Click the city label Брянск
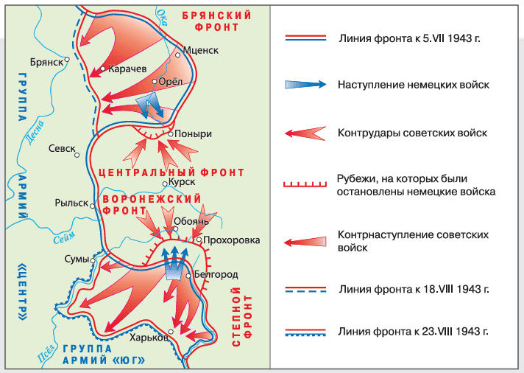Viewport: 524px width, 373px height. click(46, 62)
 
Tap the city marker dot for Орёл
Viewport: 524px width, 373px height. click(155, 81)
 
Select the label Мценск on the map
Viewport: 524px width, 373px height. click(200, 50)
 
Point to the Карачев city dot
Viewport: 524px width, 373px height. click(103, 69)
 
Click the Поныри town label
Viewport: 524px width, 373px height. click(193, 133)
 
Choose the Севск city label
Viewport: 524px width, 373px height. click(62, 148)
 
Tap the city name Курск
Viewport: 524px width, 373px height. click(182, 182)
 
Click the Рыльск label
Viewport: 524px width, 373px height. click(71, 203)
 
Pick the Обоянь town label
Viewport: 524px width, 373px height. click(191, 221)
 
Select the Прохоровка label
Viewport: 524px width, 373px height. click(231, 240)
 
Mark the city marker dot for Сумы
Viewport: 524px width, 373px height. click(93, 260)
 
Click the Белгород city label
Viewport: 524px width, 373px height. click(216, 274)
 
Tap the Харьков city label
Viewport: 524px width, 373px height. click(149, 337)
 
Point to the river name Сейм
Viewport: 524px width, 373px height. click(64, 237)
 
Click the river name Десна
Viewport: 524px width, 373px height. click(35, 133)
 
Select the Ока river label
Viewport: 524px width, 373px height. click(163, 18)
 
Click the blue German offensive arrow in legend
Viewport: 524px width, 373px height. click(305, 84)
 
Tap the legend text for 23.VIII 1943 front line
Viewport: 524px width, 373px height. click(413, 331)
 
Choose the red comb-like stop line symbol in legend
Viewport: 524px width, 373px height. click(305, 184)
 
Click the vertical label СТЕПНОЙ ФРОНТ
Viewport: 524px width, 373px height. click(242, 316)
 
